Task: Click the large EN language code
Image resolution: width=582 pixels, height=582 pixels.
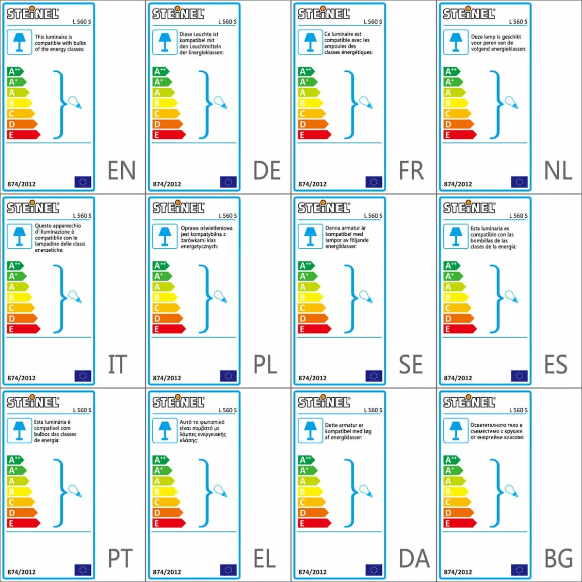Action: (x=121, y=171)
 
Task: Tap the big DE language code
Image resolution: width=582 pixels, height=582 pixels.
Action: (x=267, y=171)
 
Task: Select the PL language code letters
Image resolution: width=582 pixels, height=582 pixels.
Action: (x=265, y=365)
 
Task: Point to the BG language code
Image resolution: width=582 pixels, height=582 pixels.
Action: (x=558, y=559)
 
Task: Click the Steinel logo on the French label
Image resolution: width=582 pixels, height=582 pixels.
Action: (x=323, y=14)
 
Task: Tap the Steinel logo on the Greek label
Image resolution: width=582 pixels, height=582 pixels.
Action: (x=178, y=402)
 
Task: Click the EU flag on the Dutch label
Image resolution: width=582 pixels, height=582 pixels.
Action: (x=519, y=182)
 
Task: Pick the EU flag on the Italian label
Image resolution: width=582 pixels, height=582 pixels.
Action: (x=82, y=376)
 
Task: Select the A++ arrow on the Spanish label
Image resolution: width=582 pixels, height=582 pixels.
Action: (x=451, y=265)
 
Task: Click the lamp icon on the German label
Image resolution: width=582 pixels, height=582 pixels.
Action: (x=164, y=42)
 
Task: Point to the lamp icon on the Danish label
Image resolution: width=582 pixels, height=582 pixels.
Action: (x=310, y=430)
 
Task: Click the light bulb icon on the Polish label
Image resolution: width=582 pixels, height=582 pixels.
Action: (x=220, y=296)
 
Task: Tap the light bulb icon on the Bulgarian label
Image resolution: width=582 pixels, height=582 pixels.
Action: (x=511, y=490)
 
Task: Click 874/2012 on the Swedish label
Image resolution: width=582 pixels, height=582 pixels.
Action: (x=312, y=378)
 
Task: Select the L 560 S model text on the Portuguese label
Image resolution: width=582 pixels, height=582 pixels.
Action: (x=82, y=410)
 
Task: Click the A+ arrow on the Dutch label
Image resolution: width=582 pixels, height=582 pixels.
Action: (x=452, y=82)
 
